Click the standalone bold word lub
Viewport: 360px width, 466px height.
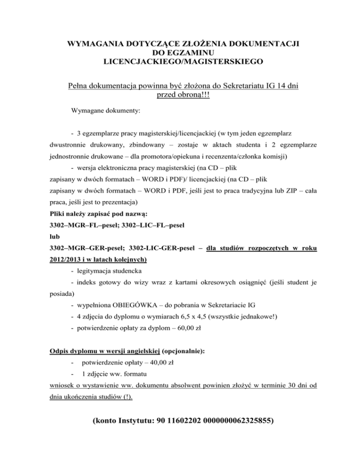[x=55, y=238]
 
